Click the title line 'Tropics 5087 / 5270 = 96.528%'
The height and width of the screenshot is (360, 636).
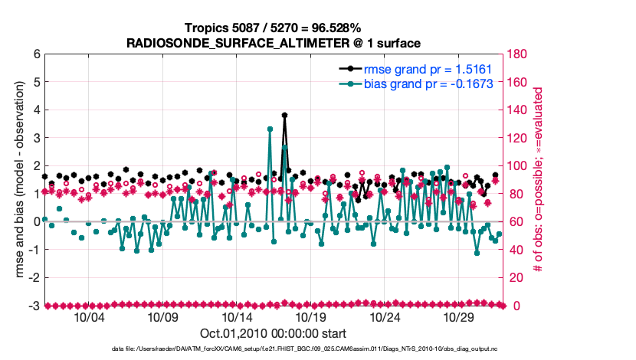coord(274,28)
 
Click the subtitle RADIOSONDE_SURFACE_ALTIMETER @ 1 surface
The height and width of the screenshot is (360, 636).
coord(274,43)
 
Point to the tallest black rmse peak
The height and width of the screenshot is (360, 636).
coord(284,115)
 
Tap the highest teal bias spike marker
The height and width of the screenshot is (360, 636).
coord(270,129)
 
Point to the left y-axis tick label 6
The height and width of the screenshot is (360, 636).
coord(35,54)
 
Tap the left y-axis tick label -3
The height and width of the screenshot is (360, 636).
coord(33,306)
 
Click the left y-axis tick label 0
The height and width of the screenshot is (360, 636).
coord(35,221)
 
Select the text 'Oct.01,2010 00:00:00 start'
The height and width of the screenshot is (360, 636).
coord(274,333)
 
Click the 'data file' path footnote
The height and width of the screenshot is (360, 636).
coord(274,349)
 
